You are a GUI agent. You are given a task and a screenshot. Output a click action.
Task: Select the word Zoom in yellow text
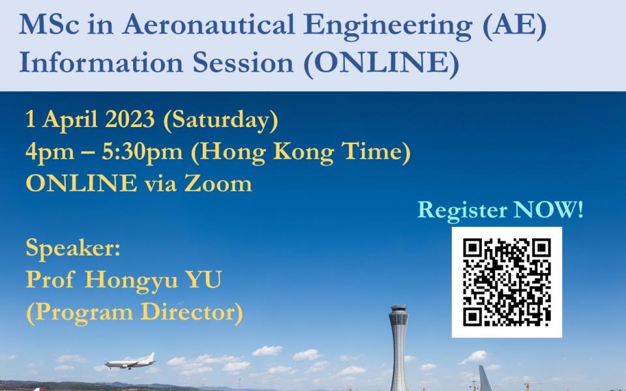[220, 183]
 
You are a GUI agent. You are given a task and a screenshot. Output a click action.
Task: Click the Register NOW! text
[500, 210]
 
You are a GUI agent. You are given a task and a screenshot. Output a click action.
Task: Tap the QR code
[507, 282]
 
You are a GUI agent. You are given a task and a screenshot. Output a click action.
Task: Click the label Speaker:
[73, 248]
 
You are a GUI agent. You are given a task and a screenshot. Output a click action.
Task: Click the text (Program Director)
[134, 312]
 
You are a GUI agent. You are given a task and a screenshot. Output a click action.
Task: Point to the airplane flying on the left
[130, 362]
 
